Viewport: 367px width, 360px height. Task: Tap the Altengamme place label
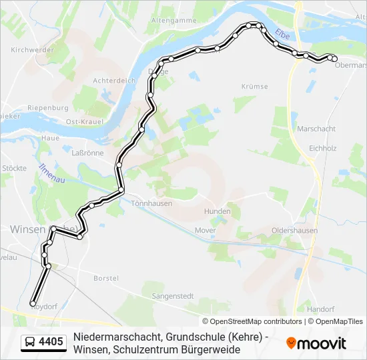[173, 21]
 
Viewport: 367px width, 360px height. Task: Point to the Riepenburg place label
[48, 108]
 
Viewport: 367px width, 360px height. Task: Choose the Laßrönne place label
[87, 153]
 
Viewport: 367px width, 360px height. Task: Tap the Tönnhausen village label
[151, 203]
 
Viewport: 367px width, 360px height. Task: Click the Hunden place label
[218, 211]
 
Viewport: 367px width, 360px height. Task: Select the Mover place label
[205, 230]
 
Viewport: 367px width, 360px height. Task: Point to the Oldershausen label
[294, 231]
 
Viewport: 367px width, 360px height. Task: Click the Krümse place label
[254, 87]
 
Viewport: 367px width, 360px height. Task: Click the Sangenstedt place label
[173, 295]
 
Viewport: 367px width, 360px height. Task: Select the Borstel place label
[106, 278]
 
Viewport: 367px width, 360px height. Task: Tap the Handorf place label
[320, 309]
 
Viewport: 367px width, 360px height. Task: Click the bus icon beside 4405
[30, 343]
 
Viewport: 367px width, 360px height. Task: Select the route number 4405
[51, 343]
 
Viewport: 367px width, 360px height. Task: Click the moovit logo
[316, 343]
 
